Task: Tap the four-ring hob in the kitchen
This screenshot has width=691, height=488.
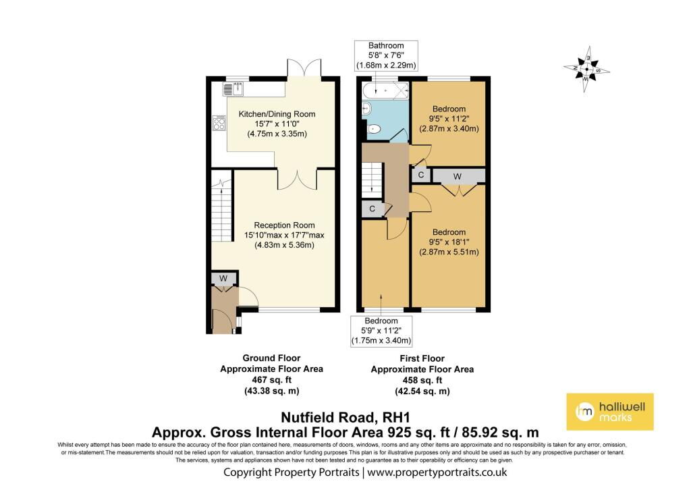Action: point(219,122)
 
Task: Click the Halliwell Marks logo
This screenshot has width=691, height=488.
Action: point(609,411)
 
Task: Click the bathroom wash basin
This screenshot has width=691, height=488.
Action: point(366,108)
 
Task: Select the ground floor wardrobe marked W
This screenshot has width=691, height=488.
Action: point(223,278)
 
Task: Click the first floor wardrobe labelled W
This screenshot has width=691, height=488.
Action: point(458,176)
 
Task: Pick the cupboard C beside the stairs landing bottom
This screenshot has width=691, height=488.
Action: point(372,210)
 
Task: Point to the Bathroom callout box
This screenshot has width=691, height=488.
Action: point(387,55)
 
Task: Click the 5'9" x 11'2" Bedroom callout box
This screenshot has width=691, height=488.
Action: point(381,331)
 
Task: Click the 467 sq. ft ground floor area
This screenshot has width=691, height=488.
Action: point(271,380)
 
